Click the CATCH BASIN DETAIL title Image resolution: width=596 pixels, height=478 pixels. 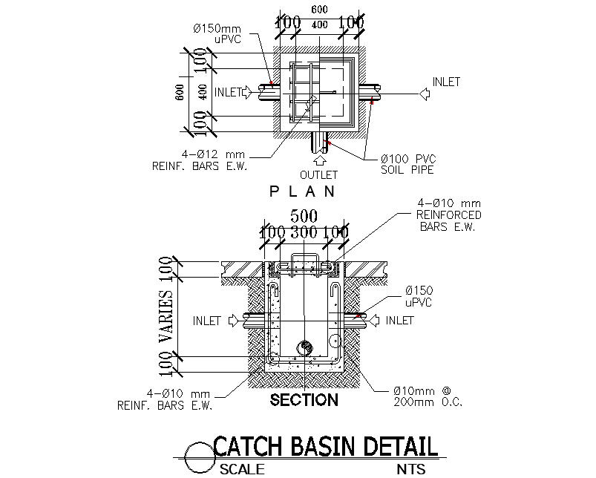pos(325,447)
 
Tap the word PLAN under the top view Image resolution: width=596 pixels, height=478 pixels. pos(303,191)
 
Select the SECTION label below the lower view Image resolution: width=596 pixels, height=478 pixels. pos(304,401)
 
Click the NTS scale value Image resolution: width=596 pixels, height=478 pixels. pos(411,469)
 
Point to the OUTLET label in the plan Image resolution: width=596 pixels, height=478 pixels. pos(318,175)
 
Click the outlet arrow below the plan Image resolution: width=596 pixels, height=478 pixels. pos(320,157)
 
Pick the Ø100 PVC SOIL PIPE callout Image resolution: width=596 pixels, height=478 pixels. pos(407,164)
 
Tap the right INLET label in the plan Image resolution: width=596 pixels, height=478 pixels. pos(446,82)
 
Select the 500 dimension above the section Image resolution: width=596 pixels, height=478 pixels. pos(304,216)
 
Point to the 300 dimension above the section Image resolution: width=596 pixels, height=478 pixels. pos(304,232)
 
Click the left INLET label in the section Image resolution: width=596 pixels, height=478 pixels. pos(207,321)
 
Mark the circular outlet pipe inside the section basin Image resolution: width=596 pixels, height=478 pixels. pos(304,347)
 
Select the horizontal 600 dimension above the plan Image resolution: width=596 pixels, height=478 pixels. pos(318,9)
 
